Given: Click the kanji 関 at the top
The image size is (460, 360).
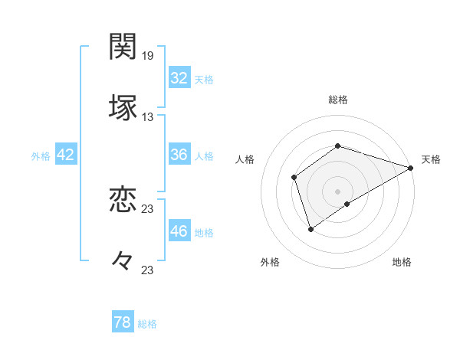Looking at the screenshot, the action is [123, 47].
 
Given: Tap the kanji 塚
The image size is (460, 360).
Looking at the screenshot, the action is [123, 108].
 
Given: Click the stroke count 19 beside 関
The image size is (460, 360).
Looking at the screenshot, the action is [148, 56].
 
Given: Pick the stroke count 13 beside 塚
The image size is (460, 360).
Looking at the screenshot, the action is [148, 117].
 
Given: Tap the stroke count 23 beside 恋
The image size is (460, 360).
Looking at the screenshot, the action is [148, 209].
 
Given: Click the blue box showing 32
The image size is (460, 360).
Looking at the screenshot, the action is [179, 78].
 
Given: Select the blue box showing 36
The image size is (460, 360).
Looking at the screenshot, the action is [179, 155].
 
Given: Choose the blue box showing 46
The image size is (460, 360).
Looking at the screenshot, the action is [179, 231].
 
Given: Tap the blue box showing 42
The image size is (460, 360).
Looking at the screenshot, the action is [66, 155].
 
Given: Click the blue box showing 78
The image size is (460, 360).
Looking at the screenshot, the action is [123, 323].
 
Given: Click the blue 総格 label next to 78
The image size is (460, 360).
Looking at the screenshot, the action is [147, 324].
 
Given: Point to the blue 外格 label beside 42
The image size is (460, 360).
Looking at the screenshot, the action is [41, 155].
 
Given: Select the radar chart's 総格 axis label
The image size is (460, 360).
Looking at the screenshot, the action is [338, 100].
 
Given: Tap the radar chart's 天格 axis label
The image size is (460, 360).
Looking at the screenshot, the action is [431, 159].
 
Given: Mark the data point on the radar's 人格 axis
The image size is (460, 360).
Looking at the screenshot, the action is [294, 178].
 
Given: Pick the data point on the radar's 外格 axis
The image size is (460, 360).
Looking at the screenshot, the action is [310, 228].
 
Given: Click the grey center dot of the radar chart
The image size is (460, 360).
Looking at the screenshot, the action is [338, 191].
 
